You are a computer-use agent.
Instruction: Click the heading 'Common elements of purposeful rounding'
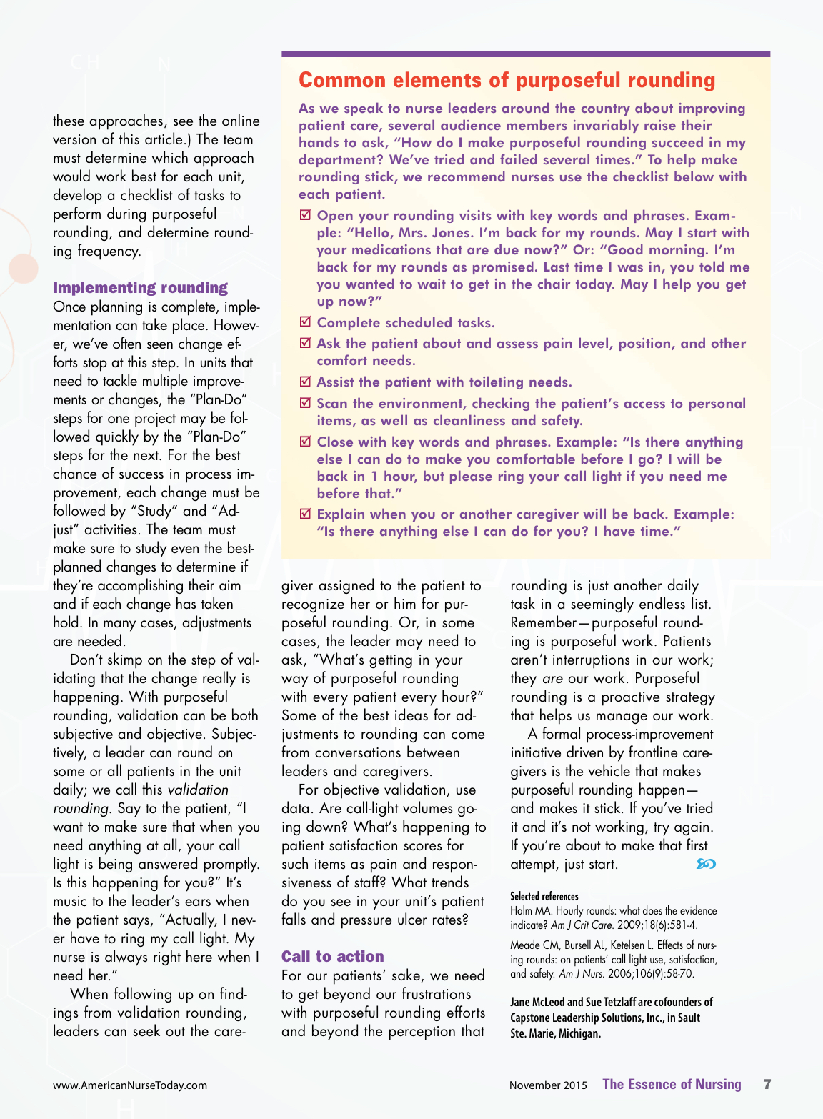[x=507, y=80]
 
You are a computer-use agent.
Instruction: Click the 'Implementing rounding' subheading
[x=140, y=287]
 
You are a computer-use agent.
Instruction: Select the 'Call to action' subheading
[x=332, y=956]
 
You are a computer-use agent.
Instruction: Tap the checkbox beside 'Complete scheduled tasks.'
[x=305, y=322]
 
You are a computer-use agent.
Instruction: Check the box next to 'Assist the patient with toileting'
[x=305, y=382]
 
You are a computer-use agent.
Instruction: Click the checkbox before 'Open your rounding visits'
[x=305, y=215]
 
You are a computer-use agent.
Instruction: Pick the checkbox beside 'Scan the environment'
[x=305, y=403]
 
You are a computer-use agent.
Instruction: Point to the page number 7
[x=767, y=1084]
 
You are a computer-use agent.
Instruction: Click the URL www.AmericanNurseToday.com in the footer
[x=130, y=1085]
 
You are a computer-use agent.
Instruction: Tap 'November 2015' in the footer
[x=548, y=1085]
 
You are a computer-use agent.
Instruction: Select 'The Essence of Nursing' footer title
[x=672, y=1084]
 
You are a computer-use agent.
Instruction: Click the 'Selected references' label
[x=544, y=896]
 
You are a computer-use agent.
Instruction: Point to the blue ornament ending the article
[x=706, y=864]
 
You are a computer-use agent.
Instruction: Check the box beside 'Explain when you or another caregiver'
[x=305, y=514]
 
